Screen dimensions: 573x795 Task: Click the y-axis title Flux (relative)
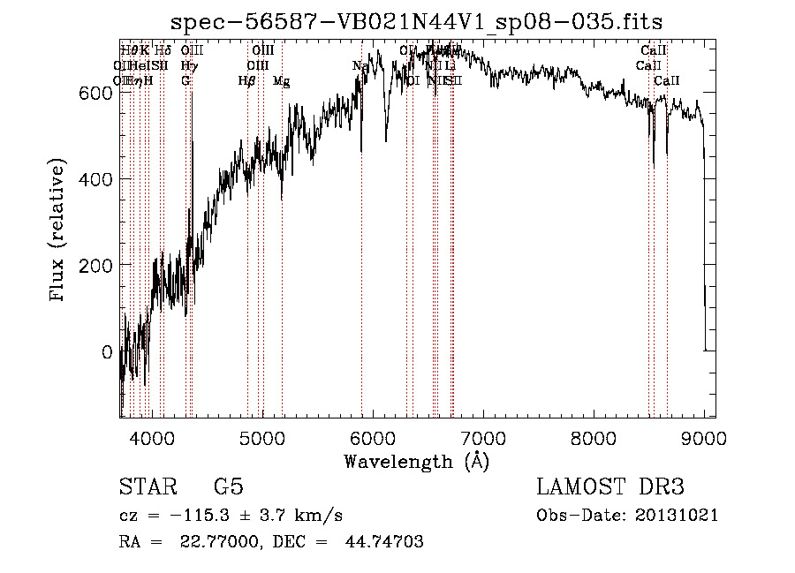[x=59, y=231]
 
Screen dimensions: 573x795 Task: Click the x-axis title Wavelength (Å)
[x=416, y=461]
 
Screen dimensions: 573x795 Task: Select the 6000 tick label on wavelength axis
[x=373, y=436]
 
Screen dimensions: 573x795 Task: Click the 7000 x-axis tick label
[x=483, y=436]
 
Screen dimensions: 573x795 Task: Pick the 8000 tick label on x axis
[x=594, y=436]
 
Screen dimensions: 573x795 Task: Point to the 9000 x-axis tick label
[x=704, y=436]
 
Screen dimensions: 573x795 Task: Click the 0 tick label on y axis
[x=107, y=352]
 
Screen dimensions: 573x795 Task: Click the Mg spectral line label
[x=281, y=81]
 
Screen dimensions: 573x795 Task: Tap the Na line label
[x=360, y=66]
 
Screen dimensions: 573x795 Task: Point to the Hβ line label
[x=247, y=81]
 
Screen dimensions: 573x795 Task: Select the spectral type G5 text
[x=228, y=487]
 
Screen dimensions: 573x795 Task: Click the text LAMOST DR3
[x=610, y=487]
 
